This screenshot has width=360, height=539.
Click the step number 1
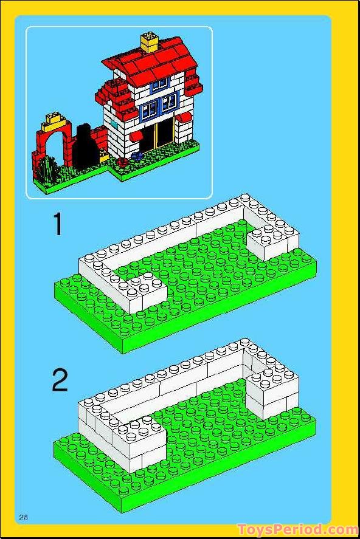pyautogui.click(x=58, y=225)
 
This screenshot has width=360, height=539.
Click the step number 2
pyautogui.click(x=60, y=381)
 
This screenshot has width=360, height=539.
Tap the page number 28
pyautogui.click(x=24, y=517)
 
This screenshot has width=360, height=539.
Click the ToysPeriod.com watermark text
pyautogui.click(x=297, y=530)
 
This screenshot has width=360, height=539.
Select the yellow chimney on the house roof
pyautogui.click(x=149, y=41)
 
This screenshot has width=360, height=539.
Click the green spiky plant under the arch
pyautogui.click(x=46, y=167)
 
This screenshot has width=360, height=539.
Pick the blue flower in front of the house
pyautogui.click(x=135, y=157)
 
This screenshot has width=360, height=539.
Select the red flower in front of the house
pyautogui.click(x=123, y=162)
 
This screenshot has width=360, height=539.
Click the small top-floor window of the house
pyautogui.click(x=159, y=85)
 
